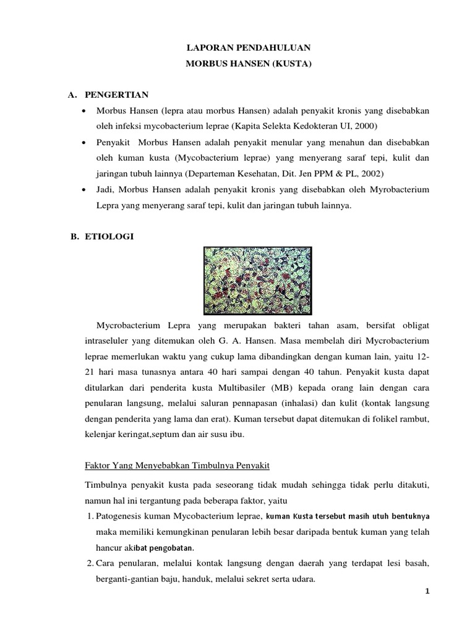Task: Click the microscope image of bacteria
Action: (x=258, y=281)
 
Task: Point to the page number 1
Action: (x=427, y=592)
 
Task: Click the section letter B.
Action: (x=72, y=236)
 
